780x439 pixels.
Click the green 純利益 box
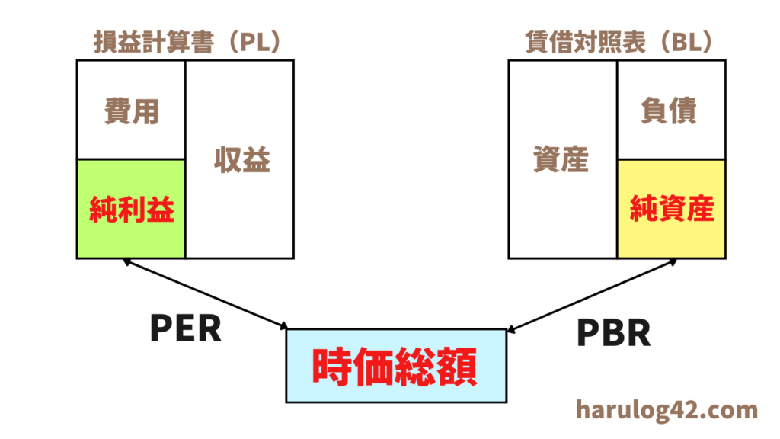(131, 209)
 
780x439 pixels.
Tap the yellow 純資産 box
(671, 209)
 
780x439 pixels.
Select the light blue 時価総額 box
(396, 366)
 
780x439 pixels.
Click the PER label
(186, 328)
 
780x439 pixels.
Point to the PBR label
(613, 333)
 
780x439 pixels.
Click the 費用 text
(131, 111)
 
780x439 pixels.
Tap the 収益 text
(242, 160)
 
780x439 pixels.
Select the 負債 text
(669, 110)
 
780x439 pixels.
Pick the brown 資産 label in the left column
(561, 159)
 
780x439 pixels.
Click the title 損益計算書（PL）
(188, 42)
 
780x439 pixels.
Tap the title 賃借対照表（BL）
(620, 42)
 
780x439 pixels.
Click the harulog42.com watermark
(667, 410)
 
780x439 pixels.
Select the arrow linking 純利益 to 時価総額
(206, 293)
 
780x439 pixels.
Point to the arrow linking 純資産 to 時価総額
(592, 295)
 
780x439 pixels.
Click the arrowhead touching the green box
(126, 261)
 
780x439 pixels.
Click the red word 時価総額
(395, 367)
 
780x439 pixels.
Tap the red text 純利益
(131, 209)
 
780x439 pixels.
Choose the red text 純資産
(672, 208)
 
